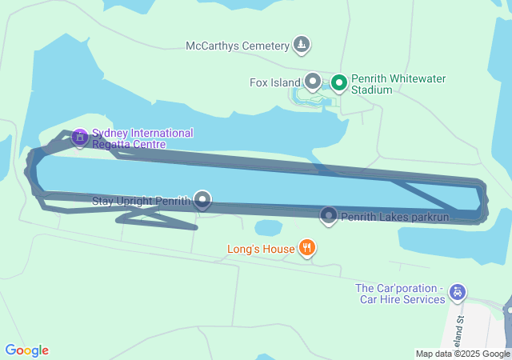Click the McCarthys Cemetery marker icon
302,45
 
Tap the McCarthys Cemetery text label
238,46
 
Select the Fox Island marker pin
313,82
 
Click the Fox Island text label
274,82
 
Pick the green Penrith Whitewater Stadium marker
339,82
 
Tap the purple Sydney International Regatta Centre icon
79,138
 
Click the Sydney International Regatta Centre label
142,138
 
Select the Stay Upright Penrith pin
203,200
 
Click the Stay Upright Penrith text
142,200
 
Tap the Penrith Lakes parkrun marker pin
329,215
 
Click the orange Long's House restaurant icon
306,249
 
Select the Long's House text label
261,249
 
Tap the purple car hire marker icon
457,293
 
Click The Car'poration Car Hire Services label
400,294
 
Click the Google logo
26,350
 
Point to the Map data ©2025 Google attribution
462,354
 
